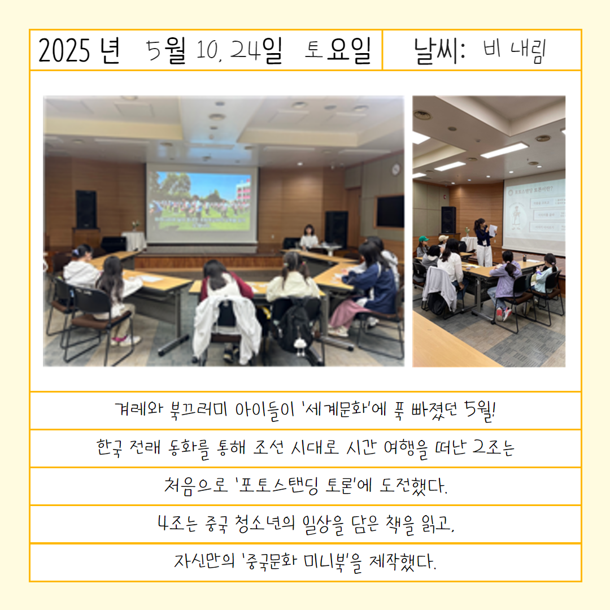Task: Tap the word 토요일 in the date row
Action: pos(338,51)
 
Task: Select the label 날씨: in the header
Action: pos(439,51)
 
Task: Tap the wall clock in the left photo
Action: pos(395,169)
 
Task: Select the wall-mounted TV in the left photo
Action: pos(389,211)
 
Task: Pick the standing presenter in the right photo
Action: pos(483,242)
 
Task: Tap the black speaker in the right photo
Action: pos(448,220)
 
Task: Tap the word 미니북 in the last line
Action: pos(327,561)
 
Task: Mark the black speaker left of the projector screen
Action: pos(86,210)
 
